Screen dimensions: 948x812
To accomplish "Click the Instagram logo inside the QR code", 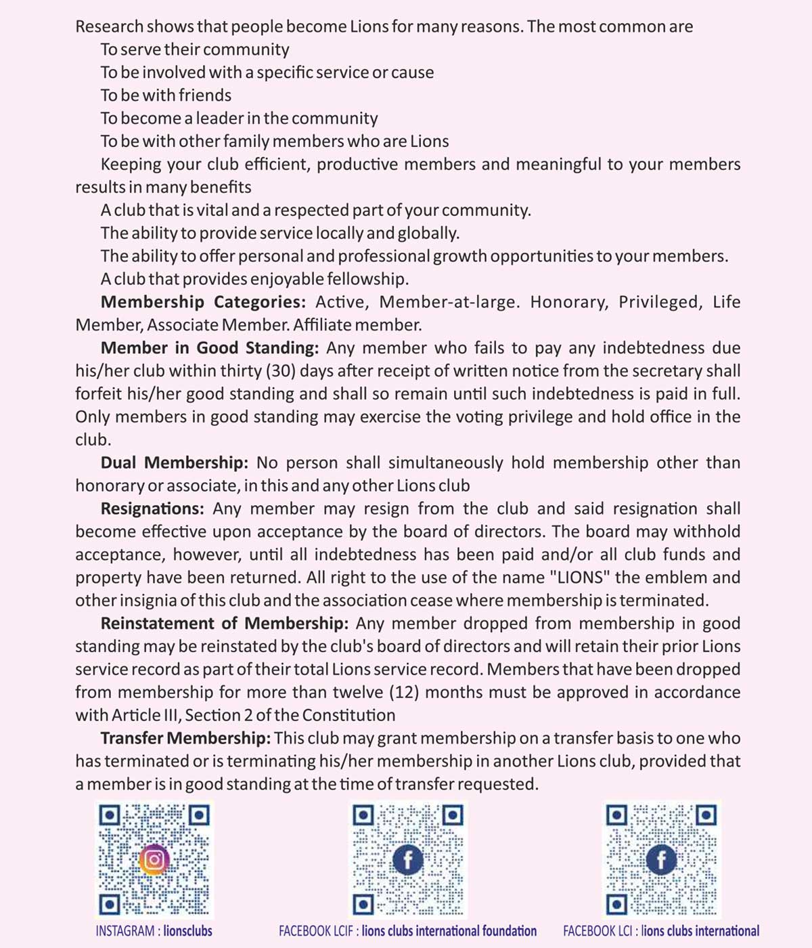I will (154, 859).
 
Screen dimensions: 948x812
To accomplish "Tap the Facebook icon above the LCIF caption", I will (408, 860).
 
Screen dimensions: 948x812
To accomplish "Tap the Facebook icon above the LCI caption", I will (661, 860).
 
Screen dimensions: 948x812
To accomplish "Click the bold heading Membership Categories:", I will (203, 302).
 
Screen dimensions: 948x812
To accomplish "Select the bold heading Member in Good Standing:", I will (209, 348).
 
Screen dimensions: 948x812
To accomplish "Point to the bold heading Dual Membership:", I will (174, 463).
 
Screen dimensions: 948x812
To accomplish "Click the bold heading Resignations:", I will (152, 509).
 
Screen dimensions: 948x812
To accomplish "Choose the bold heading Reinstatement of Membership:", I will (224, 624).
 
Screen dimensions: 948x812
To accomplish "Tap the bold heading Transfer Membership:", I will (185, 738).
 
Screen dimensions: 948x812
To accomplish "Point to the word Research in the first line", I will (109, 27).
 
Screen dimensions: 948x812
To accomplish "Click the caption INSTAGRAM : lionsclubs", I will (154, 931).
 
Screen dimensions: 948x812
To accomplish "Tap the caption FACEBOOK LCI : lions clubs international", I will (660, 931).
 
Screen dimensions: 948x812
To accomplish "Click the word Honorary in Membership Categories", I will (568, 302).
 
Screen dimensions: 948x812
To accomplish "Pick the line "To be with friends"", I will (166, 95).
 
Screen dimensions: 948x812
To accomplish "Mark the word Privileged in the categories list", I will (659, 302).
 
